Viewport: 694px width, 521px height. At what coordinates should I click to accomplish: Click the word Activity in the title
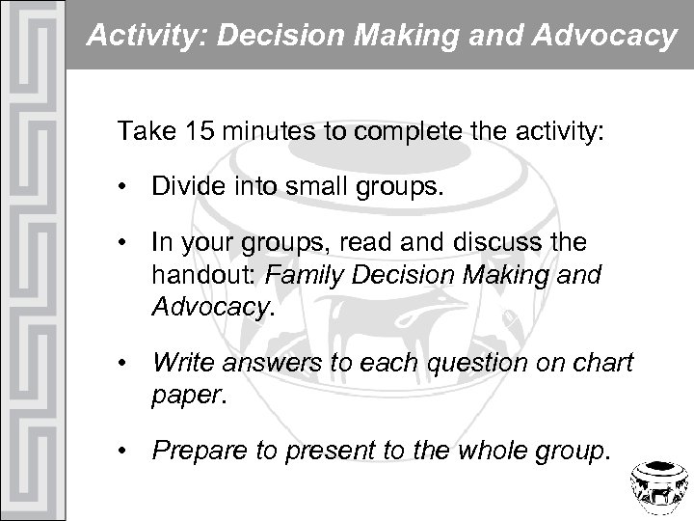pos(129,37)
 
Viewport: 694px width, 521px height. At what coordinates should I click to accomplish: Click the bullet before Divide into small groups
pos(125,187)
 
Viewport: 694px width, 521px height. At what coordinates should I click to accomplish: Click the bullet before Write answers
pos(125,364)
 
